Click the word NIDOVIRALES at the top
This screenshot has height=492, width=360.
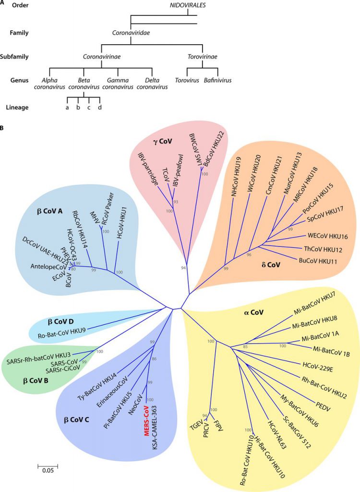[179, 5]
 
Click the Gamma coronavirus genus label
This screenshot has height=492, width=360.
[117, 83]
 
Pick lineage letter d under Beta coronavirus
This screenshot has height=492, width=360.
[99, 107]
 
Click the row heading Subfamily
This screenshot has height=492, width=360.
[15, 57]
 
